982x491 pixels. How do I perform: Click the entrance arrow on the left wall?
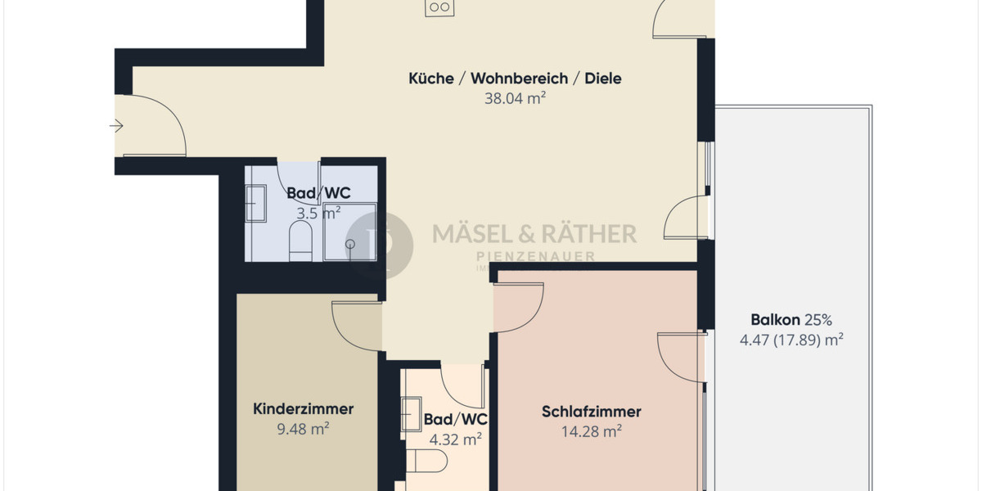click(x=116, y=126)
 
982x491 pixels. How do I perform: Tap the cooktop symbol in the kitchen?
click(x=439, y=7)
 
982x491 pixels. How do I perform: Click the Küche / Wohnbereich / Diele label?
click(x=515, y=79)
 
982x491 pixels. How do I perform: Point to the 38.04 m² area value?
click(x=515, y=99)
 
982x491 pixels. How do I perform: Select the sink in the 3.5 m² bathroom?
click(x=256, y=204)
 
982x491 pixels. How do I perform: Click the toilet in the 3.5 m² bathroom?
click(x=301, y=243)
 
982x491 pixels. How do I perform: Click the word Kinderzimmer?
click(x=303, y=408)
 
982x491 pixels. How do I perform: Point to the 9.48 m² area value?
click(x=303, y=428)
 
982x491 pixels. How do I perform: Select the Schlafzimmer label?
click(x=591, y=412)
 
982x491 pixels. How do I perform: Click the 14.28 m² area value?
click(x=591, y=431)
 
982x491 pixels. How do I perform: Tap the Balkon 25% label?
click(x=791, y=320)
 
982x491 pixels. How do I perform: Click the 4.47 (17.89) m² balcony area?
click(x=791, y=340)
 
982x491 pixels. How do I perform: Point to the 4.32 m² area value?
click(x=455, y=439)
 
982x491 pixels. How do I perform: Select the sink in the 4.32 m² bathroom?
click(x=411, y=414)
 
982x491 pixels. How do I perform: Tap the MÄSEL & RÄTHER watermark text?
click(x=534, y=234)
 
